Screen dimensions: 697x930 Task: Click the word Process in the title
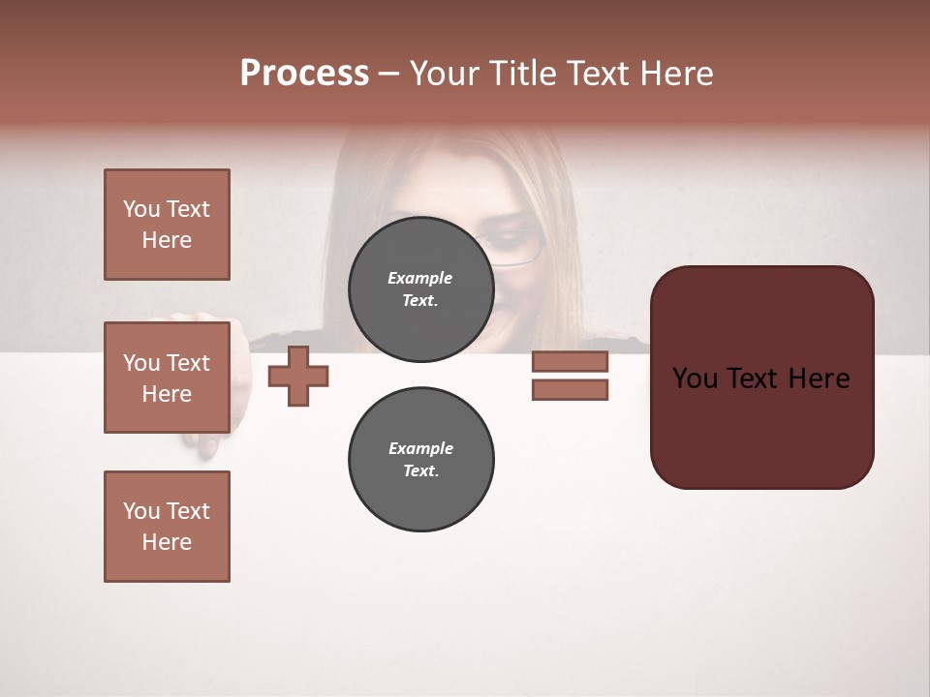point(304,74)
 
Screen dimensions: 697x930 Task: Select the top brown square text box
point(167,225)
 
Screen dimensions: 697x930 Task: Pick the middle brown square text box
point(167,378)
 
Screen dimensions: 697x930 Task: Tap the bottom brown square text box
point(167,527)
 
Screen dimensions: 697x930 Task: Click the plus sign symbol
point(298,376)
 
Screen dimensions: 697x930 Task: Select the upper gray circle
point(420,289)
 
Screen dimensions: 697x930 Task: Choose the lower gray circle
point(420,460)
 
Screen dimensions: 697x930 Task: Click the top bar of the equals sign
point(570,361)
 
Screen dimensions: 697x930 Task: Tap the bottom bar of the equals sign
point(570,390)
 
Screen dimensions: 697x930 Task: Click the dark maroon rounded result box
point(761,378)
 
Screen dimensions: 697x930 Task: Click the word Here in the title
point(674,74)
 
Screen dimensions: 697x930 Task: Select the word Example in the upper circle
point(419,278)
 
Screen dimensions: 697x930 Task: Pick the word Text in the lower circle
point(419,471)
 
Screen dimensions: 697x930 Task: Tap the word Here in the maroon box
point(819,379)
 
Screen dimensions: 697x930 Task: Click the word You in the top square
point(141,209)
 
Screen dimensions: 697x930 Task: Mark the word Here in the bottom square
point(167,542)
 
